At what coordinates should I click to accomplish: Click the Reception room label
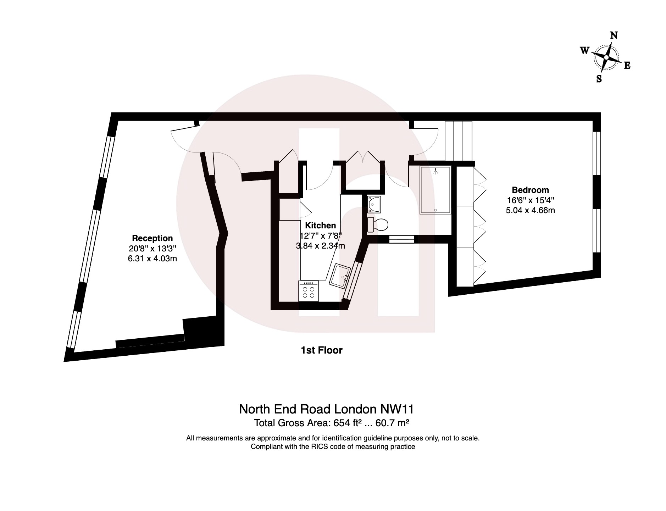(152, 238)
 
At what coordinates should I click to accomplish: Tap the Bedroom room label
(530, 190)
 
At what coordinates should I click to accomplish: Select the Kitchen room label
(320, 225)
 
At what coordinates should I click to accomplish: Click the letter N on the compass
(614, 35)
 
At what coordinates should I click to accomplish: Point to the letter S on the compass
(599, 79)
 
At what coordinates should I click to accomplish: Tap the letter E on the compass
(627, 65)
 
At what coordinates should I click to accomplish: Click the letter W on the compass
(585, 50)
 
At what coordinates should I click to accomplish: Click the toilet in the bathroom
(378, 224)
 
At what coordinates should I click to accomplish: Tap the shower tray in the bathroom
(435, 190)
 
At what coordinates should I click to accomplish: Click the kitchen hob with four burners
(309, 291)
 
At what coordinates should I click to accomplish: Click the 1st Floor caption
(321, 350)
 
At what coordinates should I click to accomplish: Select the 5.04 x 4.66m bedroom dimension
(530, 210)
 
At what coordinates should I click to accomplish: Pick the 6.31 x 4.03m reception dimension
(152, 259)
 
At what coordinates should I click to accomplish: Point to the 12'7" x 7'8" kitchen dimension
(320, 235)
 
